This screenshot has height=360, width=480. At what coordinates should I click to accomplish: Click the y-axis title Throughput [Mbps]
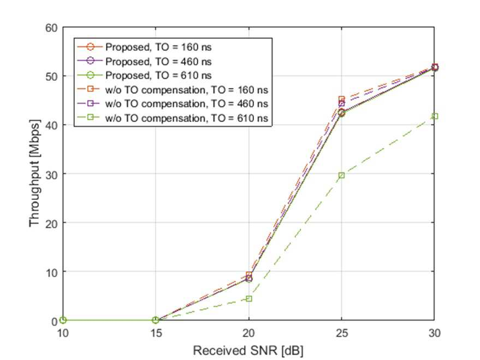pos(34,173)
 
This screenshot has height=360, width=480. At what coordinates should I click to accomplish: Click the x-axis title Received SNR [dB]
pos(248,351)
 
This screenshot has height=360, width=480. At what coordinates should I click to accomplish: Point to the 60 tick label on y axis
pos(51,28)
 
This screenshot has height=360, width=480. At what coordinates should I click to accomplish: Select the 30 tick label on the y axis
pos(51,174)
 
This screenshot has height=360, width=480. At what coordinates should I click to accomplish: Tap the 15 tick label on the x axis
pos(156,333)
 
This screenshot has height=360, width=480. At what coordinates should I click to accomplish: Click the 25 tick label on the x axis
pos(342,333)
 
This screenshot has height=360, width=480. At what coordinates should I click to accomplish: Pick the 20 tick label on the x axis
pos(248,333)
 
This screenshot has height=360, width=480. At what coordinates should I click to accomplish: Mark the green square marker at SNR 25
pos(342,175)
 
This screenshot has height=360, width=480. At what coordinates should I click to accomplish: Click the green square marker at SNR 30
pos(435,116)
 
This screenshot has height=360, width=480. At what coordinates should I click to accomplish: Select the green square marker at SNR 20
pos(249,298)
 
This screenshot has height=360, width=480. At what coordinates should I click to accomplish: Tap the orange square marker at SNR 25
pos(342,99)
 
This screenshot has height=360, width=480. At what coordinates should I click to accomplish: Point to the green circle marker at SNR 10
pos(63,320)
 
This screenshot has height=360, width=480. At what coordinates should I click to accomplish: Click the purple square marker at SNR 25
pos(342,104)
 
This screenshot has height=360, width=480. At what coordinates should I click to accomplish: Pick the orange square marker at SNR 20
pos(249,275)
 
